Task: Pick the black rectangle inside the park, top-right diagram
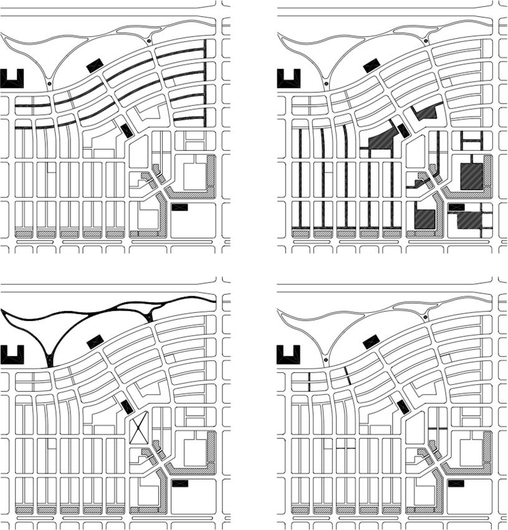(371, 65)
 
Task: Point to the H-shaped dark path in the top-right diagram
(471, 142)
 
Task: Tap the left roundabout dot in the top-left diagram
(49, 82)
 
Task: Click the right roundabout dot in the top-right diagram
(426, 41)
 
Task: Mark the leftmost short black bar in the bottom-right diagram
(309, 379)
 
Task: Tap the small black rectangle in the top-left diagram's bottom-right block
(180, 206)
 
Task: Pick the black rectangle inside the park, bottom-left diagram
(95, 341)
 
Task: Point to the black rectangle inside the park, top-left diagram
(95, 65)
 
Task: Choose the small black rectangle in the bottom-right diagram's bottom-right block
(456, 483)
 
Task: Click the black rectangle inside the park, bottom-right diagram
(371, 341)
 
